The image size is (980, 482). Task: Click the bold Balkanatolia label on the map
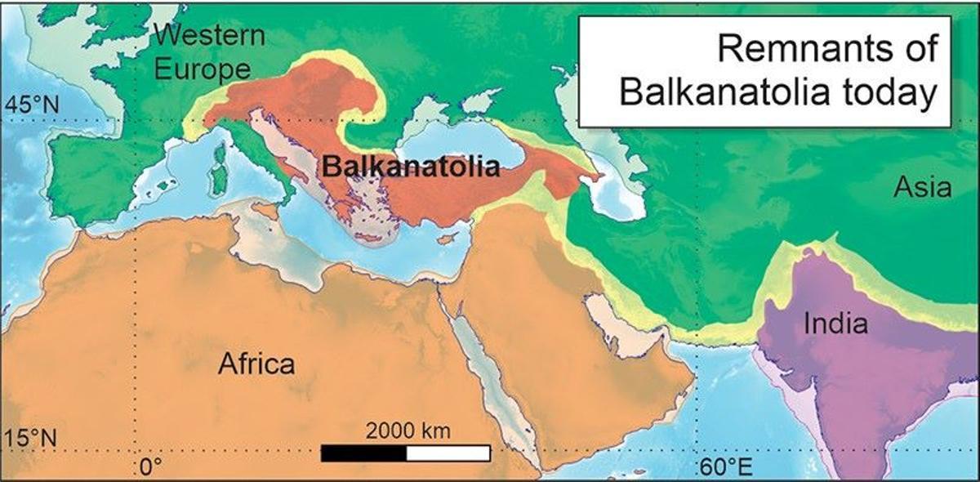tap(410, 167)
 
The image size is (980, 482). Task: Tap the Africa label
tap(256, 364)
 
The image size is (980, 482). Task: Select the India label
tap(835, 324)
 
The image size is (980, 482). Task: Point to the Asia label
tap(922, 188)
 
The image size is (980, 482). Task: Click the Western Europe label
tap(210, 52)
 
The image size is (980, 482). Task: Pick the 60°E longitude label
tap(724, 467)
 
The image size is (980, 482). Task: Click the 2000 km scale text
tap(407, 431)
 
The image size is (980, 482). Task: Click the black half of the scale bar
tap(363, 453)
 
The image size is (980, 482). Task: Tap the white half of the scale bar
tap(448, 453)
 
